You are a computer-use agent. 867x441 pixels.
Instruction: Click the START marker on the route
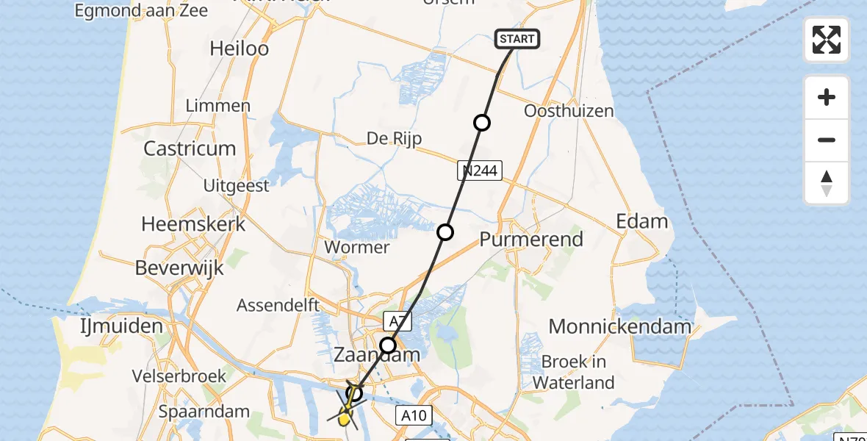click(x=518, y=39)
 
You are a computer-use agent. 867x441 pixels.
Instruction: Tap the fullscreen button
click(x=827, y=40)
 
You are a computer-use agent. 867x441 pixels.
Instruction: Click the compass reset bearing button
click(x=827, y=184)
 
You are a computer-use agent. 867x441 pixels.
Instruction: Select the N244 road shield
click(x=478, y=171)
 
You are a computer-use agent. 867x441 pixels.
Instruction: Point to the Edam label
click(x=642, y=221)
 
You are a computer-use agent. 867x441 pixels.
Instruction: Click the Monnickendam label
click(x=620, y=326)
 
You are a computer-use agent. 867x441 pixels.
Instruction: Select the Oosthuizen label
click(x=569, y=111)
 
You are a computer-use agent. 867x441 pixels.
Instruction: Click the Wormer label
click(x=357, y=247)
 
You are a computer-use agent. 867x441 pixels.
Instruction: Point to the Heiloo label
click(x=239, y=49)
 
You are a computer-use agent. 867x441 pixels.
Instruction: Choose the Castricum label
click(x=190, y=148)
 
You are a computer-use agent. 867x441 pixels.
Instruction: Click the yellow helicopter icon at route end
click(x=344, y=417)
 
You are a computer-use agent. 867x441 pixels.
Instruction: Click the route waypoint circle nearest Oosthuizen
click(x=482, y=123)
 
